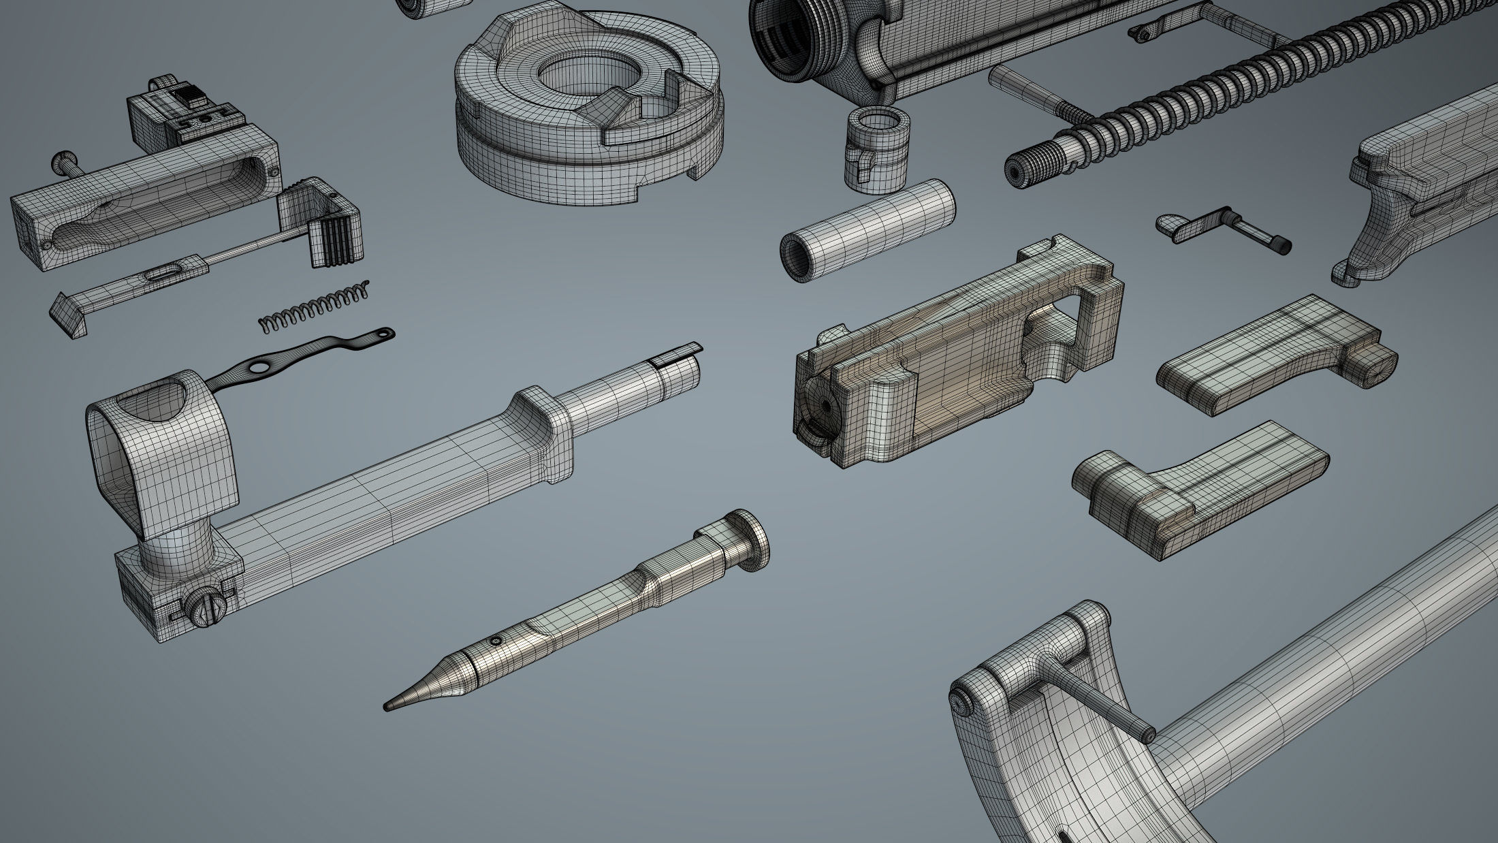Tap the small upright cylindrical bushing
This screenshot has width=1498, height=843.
pos(870,146)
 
